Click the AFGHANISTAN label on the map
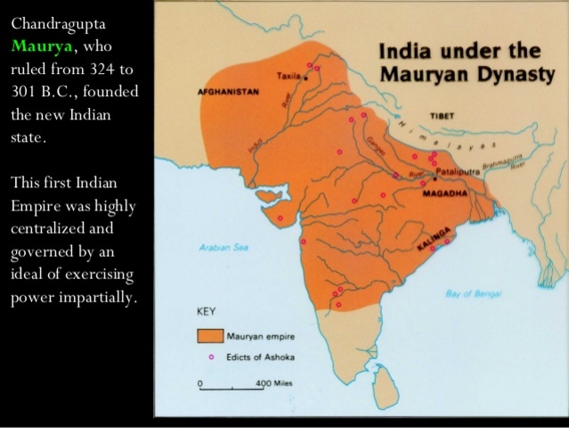(227, 92)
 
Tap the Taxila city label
(289, 76)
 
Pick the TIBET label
(442, 116)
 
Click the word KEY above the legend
(206, 314)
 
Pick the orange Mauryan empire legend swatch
(210, 336)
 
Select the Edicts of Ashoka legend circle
(211, 357)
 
